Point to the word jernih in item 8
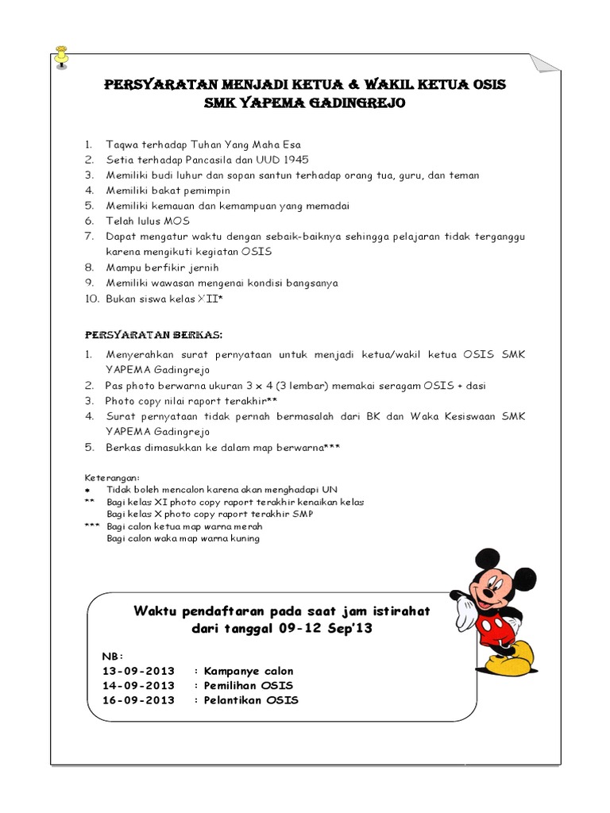coord(202,268)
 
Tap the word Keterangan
coord(112,478)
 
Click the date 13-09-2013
coord(139,671)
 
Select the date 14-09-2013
coord(139,685)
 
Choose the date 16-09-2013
coord(139,699)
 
